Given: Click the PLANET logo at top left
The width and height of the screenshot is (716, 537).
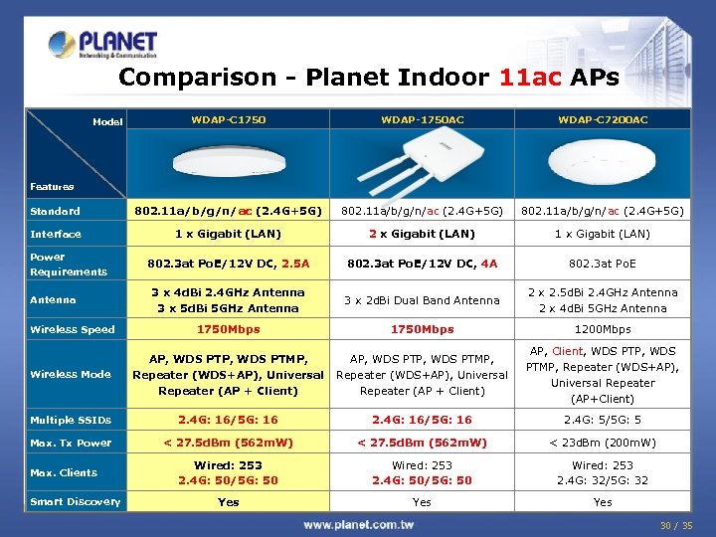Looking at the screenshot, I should pyautogui.click(x=103, y=44).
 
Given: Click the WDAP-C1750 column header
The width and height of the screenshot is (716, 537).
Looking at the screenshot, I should pyautogui.click(x=229, y=120).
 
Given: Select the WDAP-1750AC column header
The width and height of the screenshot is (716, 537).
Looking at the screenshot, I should pyautogui.click(x=423, y=120).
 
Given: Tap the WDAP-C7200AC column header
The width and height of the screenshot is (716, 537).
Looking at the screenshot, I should pyautogui.click(x=603, y=120).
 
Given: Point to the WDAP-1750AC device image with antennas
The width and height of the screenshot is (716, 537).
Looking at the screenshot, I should pyautogui.click(x=423, y=159).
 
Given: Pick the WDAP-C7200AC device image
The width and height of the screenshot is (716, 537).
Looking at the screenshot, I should pyautogui.click(x=603, y=162).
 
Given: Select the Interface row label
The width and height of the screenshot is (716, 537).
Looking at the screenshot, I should pyautogui.click(x=56, y=235).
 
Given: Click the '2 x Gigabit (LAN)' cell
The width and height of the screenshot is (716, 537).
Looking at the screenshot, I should pyautogui.click(x=423, y=235).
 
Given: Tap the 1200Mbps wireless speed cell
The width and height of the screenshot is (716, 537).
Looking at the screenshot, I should pyautogui.click(x=603, y=329).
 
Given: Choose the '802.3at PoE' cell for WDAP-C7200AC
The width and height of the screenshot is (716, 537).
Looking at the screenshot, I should pyautogui.click(x=603, y=265).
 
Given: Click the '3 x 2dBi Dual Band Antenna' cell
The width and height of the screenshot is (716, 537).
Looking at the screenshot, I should pyautogui.click(x=423, y=300).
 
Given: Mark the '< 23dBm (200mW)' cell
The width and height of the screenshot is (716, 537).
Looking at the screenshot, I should pyautogui.click(x=603, y=444).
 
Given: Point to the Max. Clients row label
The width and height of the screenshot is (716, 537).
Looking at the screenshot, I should pyautogui.click(x=64, y=473).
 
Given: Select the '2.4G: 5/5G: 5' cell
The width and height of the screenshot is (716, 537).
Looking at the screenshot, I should pyautogui.click(x=603, y=421).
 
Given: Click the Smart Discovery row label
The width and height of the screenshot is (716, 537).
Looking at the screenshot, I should pyautogui.click(x=76, y=502).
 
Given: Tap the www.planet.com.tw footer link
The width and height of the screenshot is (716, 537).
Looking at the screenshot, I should pyautogui.click(x=359, y=524).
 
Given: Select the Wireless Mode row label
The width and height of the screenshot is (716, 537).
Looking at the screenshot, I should pyautogui.click(x=70, y=375).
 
